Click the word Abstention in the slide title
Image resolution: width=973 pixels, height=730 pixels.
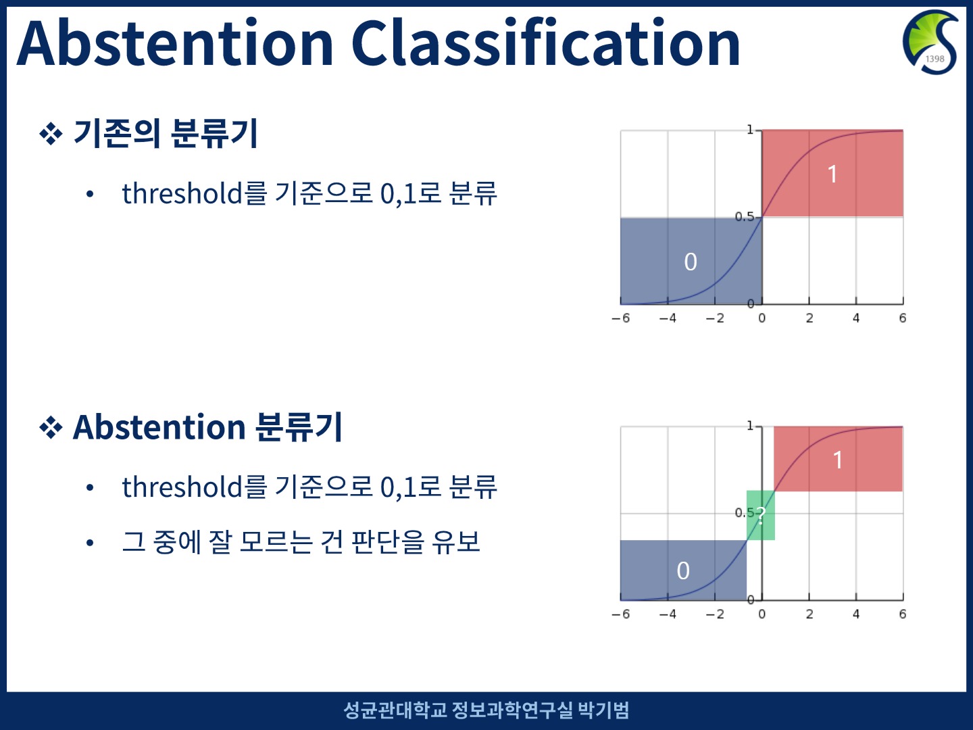[175, 43]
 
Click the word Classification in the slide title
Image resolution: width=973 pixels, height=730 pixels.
[546, 42]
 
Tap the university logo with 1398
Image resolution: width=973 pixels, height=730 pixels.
[930, 42]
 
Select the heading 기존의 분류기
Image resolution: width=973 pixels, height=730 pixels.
[166, 133]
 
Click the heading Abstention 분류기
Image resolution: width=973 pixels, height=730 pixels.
[207, 427]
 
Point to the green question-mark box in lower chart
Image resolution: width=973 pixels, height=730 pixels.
[761, 515]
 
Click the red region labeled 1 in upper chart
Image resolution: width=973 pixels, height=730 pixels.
[832, 173]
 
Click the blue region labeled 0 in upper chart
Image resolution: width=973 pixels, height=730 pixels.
[691, 261]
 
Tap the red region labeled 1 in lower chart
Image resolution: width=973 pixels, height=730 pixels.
[839, 459]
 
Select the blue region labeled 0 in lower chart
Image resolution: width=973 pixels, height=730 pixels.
[683, 570]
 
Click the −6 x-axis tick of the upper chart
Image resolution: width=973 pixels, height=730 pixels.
[620, 318]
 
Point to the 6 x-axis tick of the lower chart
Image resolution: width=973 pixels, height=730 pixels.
[903, 614]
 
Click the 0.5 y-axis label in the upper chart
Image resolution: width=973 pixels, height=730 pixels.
[744, 217]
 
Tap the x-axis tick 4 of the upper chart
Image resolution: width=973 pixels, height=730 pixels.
[856, 318]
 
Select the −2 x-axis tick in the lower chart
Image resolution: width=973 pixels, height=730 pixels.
[715, 614]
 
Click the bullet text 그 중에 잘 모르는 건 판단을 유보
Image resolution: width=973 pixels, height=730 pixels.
[301, 542]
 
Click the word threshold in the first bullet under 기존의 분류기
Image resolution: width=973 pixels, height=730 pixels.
[182, 193]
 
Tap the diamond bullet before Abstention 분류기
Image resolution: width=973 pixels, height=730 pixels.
[51, 428]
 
